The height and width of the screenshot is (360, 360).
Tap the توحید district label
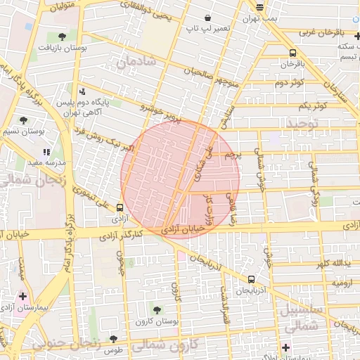pyautogui.click(x=302, y=123)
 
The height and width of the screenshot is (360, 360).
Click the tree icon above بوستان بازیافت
pyautogui.click(x=63, y=35)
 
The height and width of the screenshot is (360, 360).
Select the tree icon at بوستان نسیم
pyautogui.click(x=24, y=120)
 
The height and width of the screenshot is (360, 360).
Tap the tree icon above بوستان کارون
pyautogui.click(x=156, y=309)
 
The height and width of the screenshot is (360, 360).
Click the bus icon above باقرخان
pyautogui.click(x=292, y=53)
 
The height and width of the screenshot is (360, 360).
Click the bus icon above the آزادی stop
pyautogui.click(x=120, y=207)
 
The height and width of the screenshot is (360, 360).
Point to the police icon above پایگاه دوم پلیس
pyautogui.click(x=83, y=91)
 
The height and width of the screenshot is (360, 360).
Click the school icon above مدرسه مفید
pyautogui.click(x=46, y=151)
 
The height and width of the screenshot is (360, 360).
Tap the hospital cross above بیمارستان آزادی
pyautogui.click(x=23, y=296)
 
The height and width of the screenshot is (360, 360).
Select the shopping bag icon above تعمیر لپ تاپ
pyautogui.click(x=207, y=18)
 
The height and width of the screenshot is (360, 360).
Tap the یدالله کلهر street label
pyautogui.click(x=331, y=263)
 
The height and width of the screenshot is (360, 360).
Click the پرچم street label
pyautogui.click(x=232, y=155)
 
